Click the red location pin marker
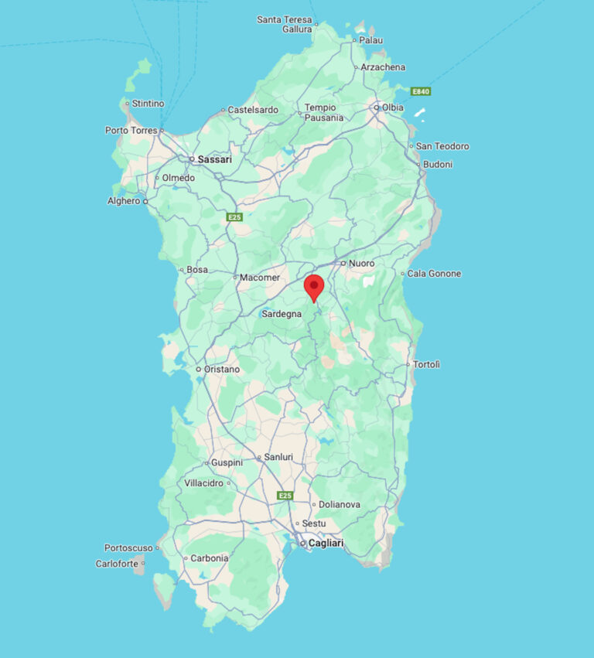click(x=314, y=286)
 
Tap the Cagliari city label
click(x=326, y=544)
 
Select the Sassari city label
click(x=214, y=159)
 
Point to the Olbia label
click(x=392, y=107)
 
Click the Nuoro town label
click(x=361, y=264)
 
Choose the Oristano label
click(x=222, y=370)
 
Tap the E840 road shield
click(x=421, y=91)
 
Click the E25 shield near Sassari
click(x=234, y=217)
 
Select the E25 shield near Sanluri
click(x=285, y=495)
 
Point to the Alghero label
click(x=124, y=201)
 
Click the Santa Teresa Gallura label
click(x=284, y=24)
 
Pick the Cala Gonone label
click(x=434, y=274)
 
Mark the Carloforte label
click(x=117, y=564)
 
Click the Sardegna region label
click(x=282, y=314)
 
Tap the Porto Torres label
click(x=131, y=131)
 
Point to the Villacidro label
click(x=203, y=483)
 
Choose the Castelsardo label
click(x=253, y=110)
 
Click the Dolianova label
click(x=340, y=504)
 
